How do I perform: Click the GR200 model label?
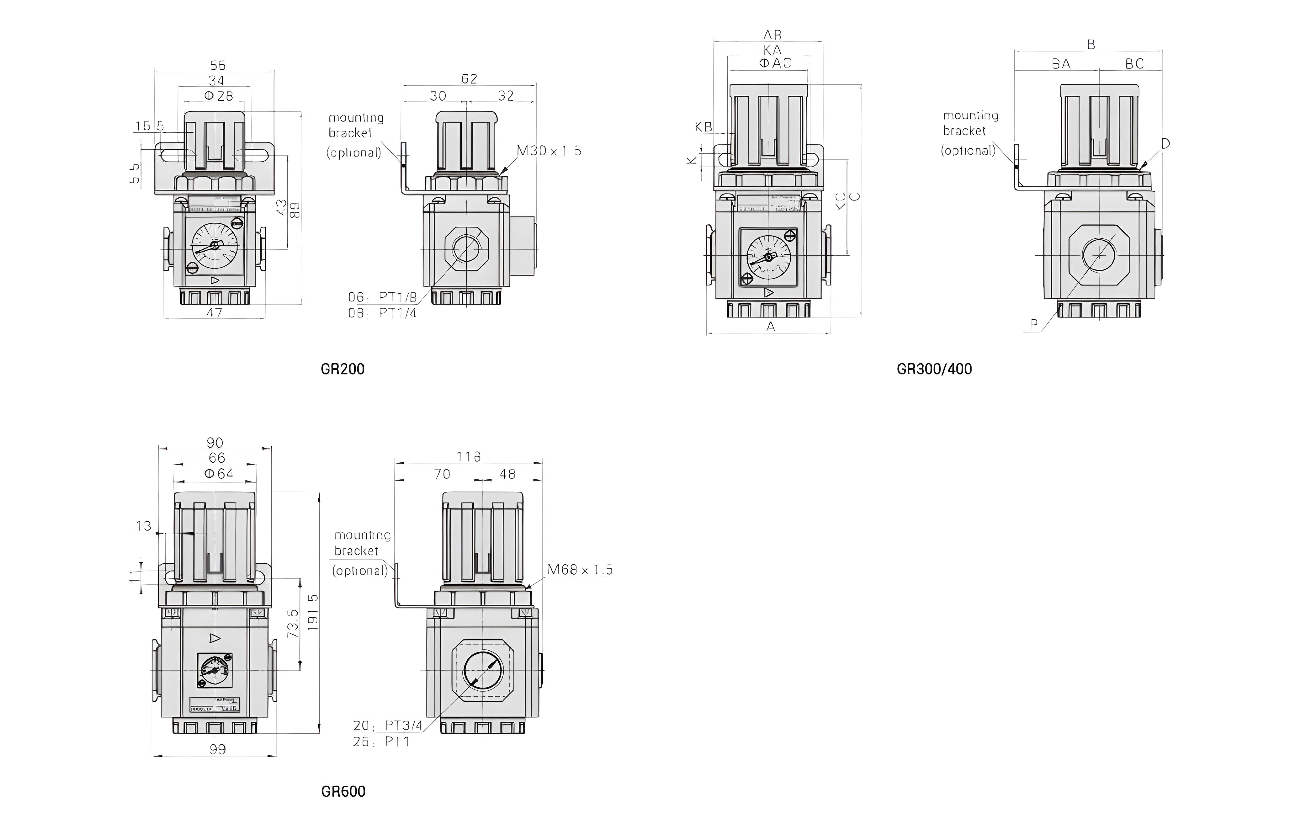(343, 369)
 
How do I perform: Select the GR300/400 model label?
(934, 369)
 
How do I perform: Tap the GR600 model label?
(343, 792)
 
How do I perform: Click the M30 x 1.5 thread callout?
(549, 151)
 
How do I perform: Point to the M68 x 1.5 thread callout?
(579, 570)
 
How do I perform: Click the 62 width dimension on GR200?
(469, 79)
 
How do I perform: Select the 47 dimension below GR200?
(214, 313)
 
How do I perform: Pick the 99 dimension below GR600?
(217, 749)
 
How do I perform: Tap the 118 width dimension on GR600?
(469, 457)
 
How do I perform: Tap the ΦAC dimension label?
(775, 63)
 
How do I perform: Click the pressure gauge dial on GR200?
(214, 246)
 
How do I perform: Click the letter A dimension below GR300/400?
(770, 326)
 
